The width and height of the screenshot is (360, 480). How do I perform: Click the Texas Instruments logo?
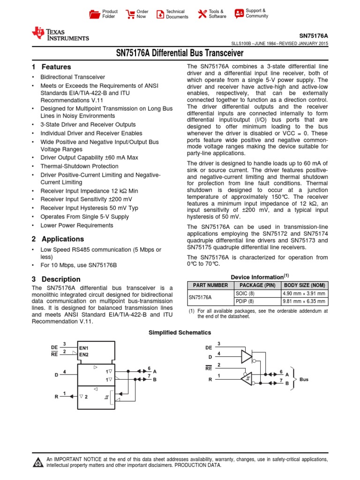click(60, 34)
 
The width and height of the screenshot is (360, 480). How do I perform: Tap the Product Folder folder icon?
click(95, 14)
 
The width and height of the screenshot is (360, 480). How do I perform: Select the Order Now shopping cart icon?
click(130, 14)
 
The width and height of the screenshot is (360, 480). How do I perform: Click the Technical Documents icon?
click(160, 14)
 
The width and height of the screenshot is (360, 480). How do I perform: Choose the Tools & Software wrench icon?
click(202, 14)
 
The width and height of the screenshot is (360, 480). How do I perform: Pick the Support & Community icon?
click(239, 13)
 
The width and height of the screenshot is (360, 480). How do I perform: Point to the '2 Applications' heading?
click(58, 239)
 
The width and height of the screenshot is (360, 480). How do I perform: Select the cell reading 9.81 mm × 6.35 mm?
click(303, 301)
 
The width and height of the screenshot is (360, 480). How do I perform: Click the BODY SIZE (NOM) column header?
click(303, 285)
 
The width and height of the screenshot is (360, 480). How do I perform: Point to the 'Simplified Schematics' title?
click(180, 332)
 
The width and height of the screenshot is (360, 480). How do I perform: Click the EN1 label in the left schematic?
click(84, 348)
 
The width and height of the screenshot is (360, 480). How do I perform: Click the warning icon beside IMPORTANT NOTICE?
click(38, 463)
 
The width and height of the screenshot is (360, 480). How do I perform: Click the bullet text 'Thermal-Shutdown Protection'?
click(79, 166)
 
